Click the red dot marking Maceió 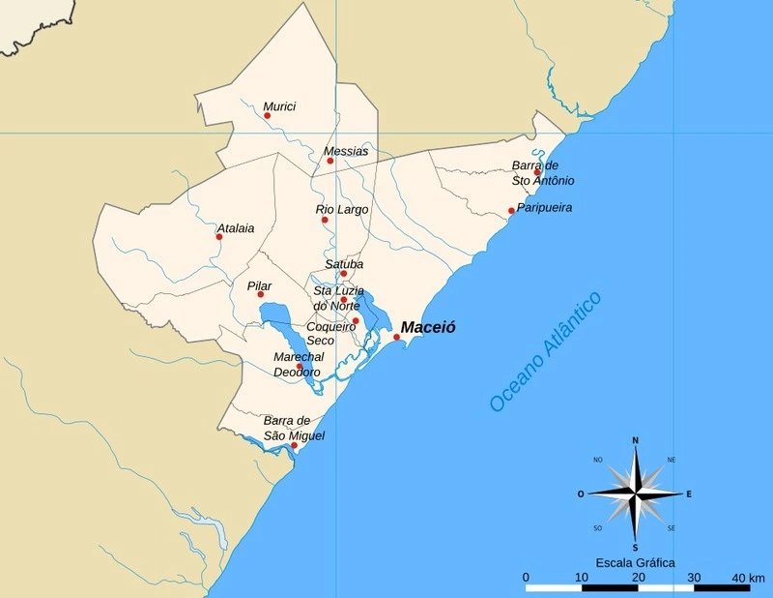(396, 337)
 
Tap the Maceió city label (428, 327)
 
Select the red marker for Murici (268, 115)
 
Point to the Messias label (346, 151)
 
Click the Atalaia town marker (219, 236)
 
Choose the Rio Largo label (342, 209)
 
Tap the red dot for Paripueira (511, 211)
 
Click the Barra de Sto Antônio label (543, 173)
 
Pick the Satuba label (345, 263)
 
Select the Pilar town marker (260, 294)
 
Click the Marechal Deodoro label (298, 365)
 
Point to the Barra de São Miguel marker (294, 445)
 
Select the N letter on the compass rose (635, 441)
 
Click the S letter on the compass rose (635, 547)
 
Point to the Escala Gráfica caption (635, 562)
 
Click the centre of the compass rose (635, 493)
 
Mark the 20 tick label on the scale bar (637, 577)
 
